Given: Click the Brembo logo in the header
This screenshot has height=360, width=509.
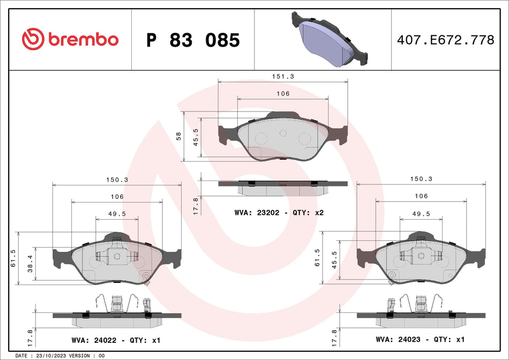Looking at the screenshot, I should click(x=70, y=40).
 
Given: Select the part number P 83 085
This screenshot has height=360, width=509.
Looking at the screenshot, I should click(x=193, y=40).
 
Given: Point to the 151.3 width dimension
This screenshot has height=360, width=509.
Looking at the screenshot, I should click(x=283, y=76).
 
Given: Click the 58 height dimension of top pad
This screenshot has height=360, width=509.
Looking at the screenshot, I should click(x=179, y=136).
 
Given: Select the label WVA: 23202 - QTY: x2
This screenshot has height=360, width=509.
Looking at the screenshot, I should click(x=279, y=213).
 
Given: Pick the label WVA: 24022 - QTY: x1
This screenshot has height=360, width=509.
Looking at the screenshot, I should click(x=116, y=340).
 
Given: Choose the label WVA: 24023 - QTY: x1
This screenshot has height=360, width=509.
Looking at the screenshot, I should click(x=420, y=339).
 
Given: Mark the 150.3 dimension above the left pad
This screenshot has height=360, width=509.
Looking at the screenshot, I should click(x=117, y=181).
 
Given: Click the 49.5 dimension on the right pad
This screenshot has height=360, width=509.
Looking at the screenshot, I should click(x=421, y=213).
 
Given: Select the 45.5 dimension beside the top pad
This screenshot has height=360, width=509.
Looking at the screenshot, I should click(x=196, y=137).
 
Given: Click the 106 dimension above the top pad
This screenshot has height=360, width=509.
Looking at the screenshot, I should click(x=283, y=94).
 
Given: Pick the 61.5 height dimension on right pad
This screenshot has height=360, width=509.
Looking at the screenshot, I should click(x=317, y=257).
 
